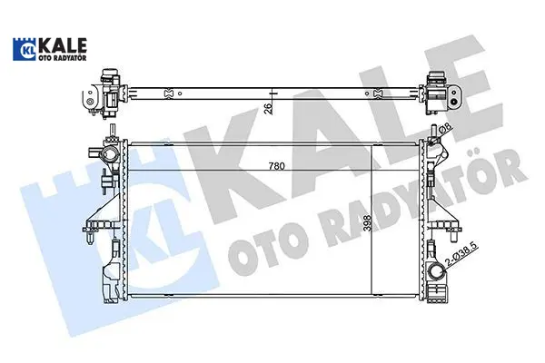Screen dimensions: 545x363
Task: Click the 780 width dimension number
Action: click(x=277, y=166)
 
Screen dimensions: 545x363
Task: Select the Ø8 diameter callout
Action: click(x=446, y=129)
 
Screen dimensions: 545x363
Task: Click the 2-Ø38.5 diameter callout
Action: click(x=462, y=255)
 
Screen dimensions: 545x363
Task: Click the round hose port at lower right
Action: click(x=436, y=272)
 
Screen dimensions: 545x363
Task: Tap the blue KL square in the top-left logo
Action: click(x=24, y=49)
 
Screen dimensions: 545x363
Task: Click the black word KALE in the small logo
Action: click(x=62, y=45)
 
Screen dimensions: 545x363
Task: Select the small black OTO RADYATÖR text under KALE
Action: click(x=62, y=58)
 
